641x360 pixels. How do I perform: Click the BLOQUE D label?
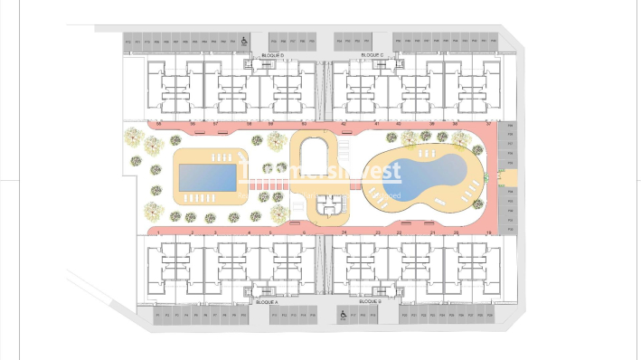272,56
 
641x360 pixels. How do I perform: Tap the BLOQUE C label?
372,56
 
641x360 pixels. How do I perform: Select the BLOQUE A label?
268,302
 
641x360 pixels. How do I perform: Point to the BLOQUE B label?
368,302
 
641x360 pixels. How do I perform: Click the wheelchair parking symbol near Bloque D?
244,42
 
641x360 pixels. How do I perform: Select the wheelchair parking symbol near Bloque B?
344,315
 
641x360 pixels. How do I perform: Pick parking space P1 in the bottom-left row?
156,315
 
